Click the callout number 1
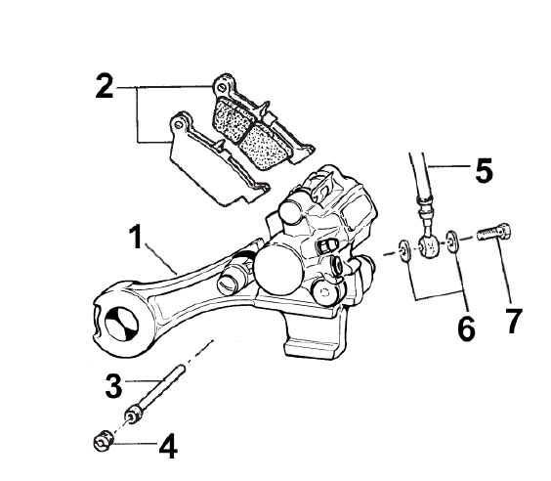coord(137,237)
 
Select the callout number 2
coord(105,86)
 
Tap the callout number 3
coord(114,386)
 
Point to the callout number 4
coord(168,446)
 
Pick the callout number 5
coord(485,170)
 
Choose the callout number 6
coord(467,328)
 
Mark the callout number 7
coord(513,321)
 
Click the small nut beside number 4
coord(104,440)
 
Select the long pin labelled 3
coord(154,394)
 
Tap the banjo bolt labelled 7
coord(494,232)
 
